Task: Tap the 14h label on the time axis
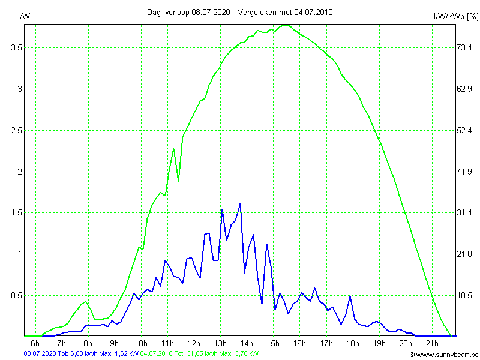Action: click(247, 343)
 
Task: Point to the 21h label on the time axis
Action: click(432, 343)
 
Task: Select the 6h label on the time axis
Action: click(35, 343)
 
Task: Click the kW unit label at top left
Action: click(24, 16)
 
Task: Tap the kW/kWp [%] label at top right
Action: click(454, 17)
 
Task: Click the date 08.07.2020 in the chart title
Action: click(211, 12)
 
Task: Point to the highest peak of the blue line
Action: click(240, 203)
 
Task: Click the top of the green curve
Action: click(287, 25)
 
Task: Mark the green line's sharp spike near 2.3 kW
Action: click(173, 149)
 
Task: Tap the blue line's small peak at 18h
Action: click(350, 296)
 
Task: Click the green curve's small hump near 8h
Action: click(86, 302)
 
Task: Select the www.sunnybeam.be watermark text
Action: click(446, 355)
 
